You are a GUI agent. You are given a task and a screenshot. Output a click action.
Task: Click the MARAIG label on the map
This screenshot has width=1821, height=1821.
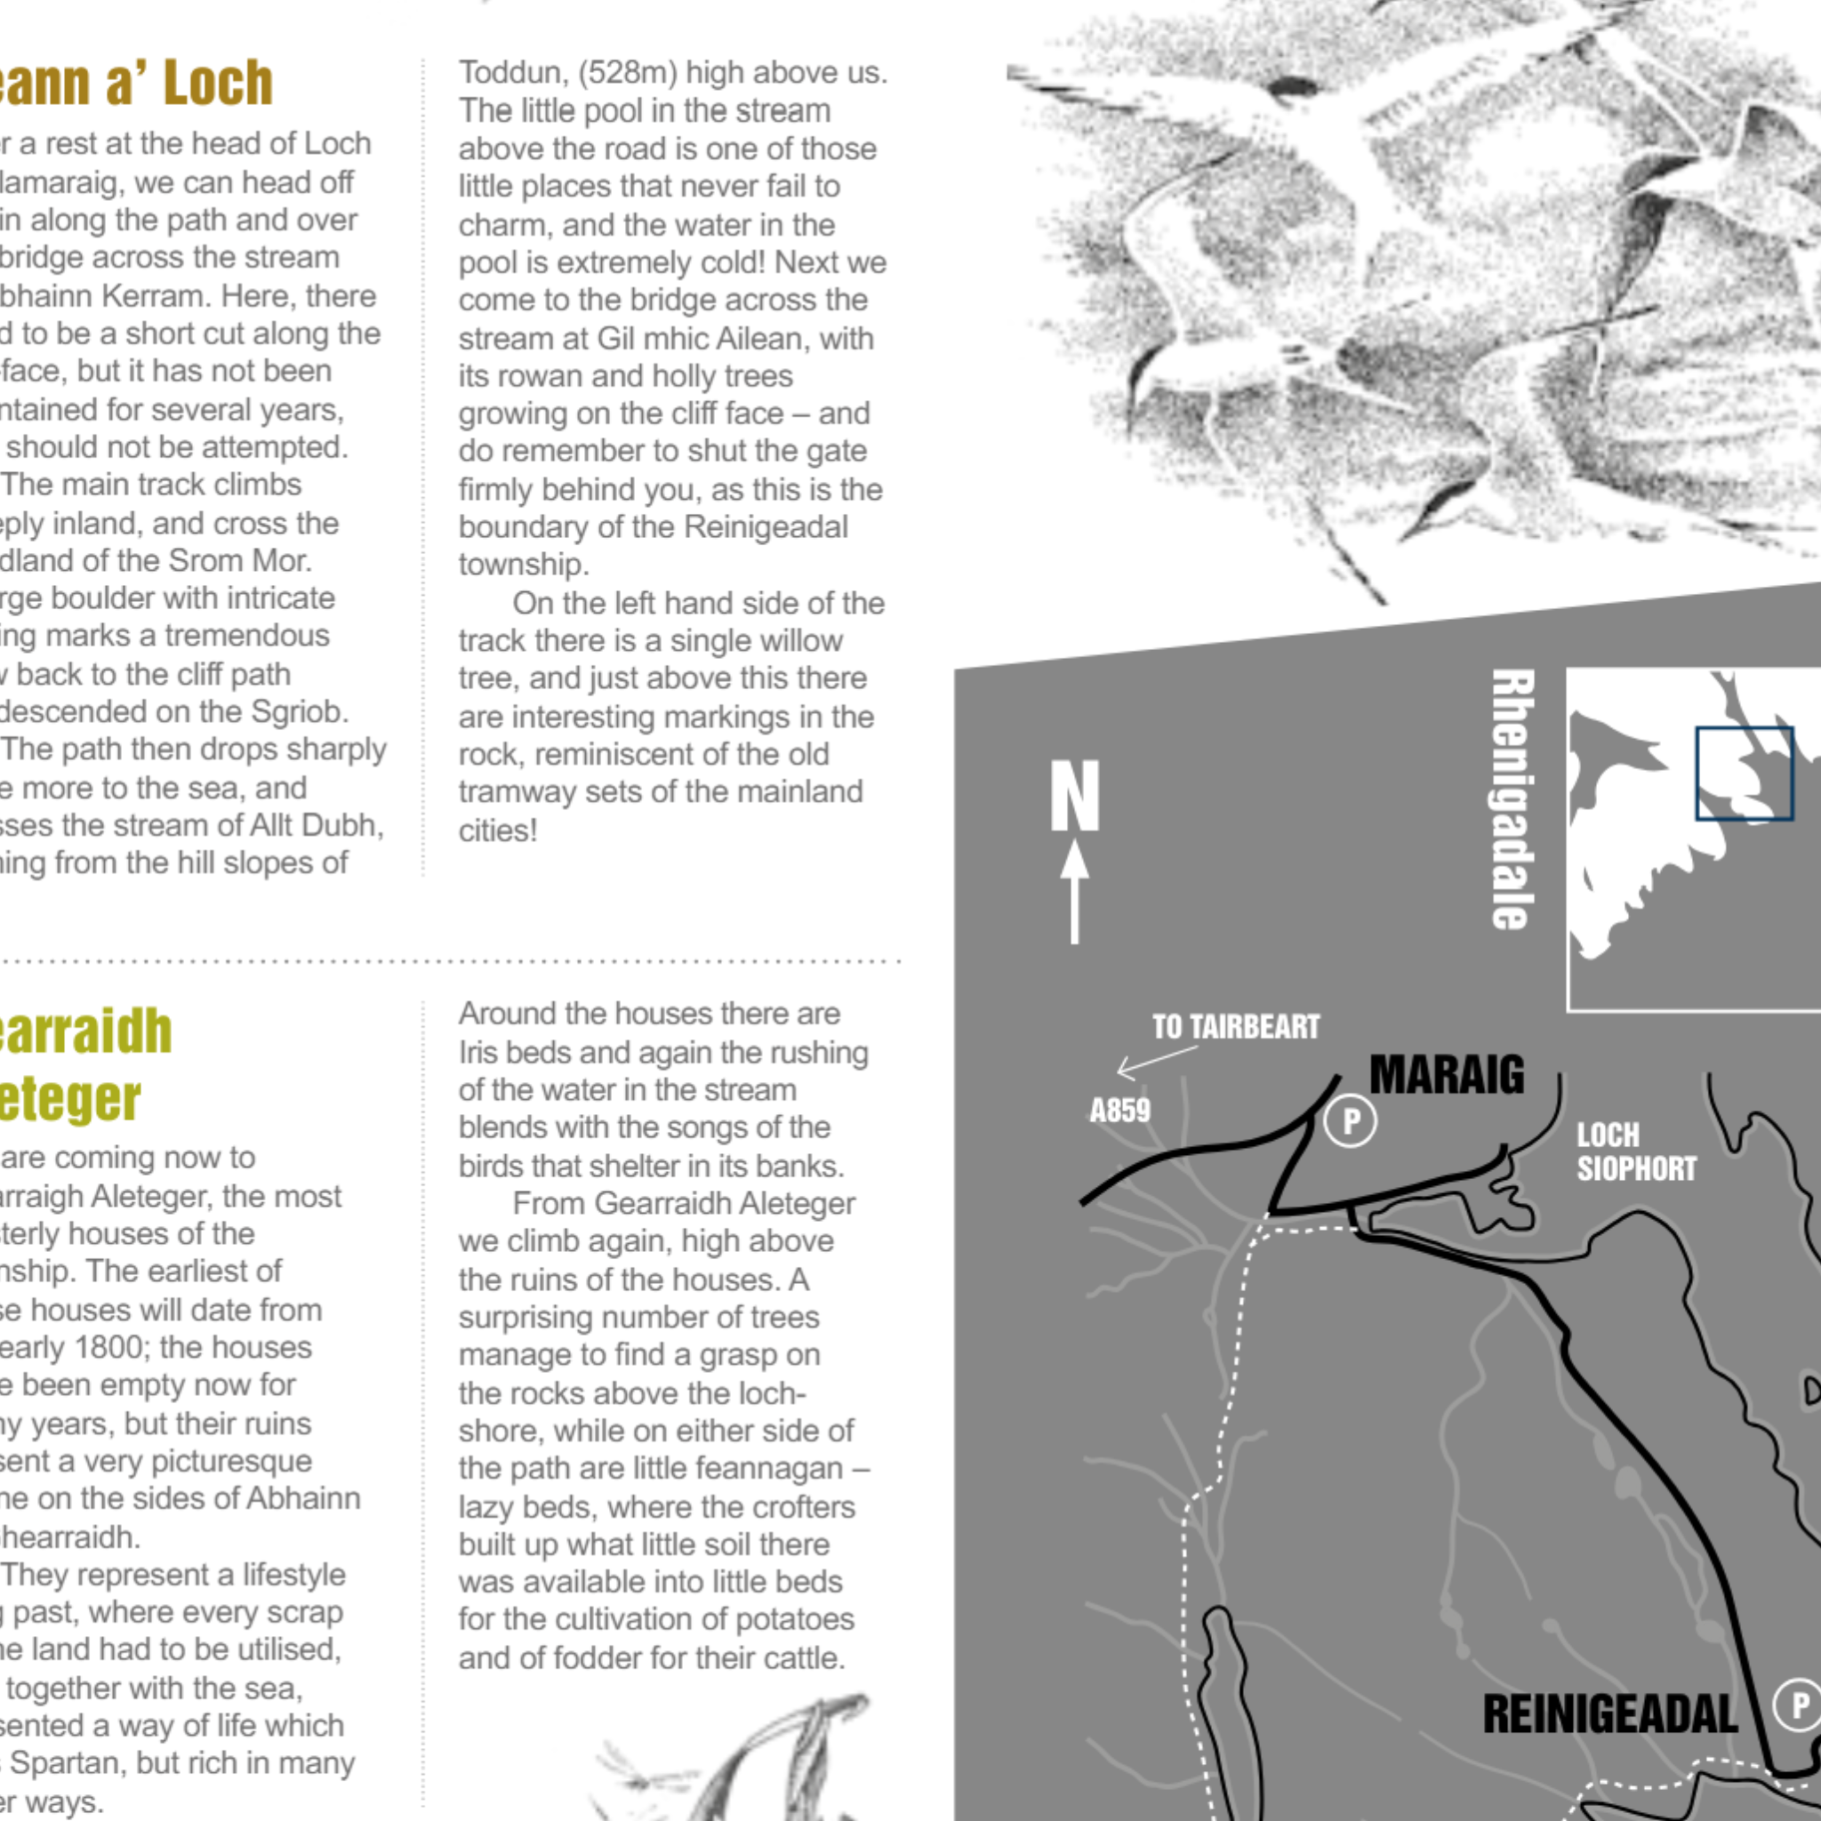pos(1446,1074)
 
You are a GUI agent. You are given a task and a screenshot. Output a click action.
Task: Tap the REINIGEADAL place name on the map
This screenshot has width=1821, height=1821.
pos(1610,1713)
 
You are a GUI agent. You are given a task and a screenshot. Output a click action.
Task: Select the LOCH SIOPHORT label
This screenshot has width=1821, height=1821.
pos(1636,1151)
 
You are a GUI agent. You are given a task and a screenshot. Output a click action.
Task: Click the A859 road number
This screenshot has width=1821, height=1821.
pos(1119,1111)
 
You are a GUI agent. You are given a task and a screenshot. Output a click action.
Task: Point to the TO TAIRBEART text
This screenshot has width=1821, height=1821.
pos(1236,1026)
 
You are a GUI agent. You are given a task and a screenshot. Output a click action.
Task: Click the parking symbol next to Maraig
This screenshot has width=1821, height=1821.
pos(1351,1120)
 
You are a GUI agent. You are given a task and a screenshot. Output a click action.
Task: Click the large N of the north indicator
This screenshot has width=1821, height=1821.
pos(1076,797)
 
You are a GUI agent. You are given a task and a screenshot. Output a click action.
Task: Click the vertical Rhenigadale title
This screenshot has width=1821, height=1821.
pos(1512,799)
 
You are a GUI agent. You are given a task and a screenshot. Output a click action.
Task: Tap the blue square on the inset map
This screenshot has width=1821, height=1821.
pos(1744,773)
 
